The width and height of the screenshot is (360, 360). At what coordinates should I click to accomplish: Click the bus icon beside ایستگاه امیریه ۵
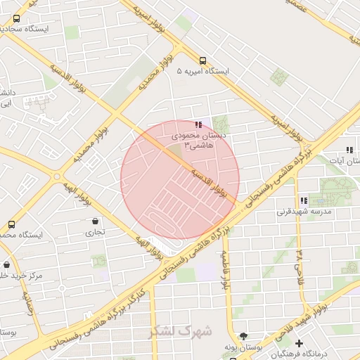point(203,60)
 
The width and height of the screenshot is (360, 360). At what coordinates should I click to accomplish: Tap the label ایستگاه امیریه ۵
point(203,72)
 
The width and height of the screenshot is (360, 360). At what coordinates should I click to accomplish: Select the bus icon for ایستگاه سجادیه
point(16,19)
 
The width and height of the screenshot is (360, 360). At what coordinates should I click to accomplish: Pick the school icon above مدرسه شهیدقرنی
point(303,200)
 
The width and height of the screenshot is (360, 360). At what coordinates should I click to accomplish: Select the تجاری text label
point(95,231)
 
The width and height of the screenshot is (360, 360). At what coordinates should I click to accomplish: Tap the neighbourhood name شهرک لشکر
point(181,330)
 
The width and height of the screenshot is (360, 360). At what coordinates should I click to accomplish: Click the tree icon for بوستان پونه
point(243,337)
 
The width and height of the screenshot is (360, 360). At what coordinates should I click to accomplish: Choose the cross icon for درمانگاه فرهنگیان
point(300,343)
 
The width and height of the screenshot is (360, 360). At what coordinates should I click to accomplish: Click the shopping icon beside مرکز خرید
point(7,265)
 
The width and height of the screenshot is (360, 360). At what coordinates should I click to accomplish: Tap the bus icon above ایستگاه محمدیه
point(11,224)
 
